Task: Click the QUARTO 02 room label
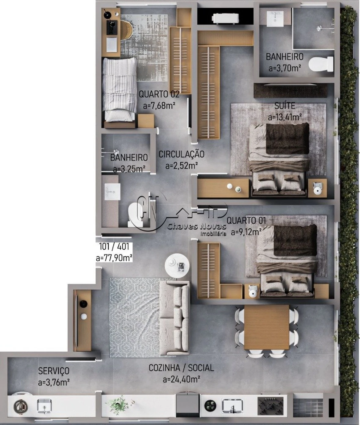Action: [x=159, y=94]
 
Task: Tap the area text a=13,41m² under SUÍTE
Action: [x=285, y=117]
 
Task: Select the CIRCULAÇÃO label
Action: [x=182, y=154]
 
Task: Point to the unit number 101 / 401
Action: [x=114, y=247]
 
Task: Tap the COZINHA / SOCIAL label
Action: [x=181, y=368]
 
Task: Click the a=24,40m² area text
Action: [x=182, y=379]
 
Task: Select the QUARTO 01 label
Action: [x=246, y=221]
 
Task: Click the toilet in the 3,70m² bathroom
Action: [x=321, y=64]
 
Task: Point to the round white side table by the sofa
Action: [x=177, y=266]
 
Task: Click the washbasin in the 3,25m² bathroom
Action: [x=112, y=192]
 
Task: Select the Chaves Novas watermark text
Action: [x=197, y=226]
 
